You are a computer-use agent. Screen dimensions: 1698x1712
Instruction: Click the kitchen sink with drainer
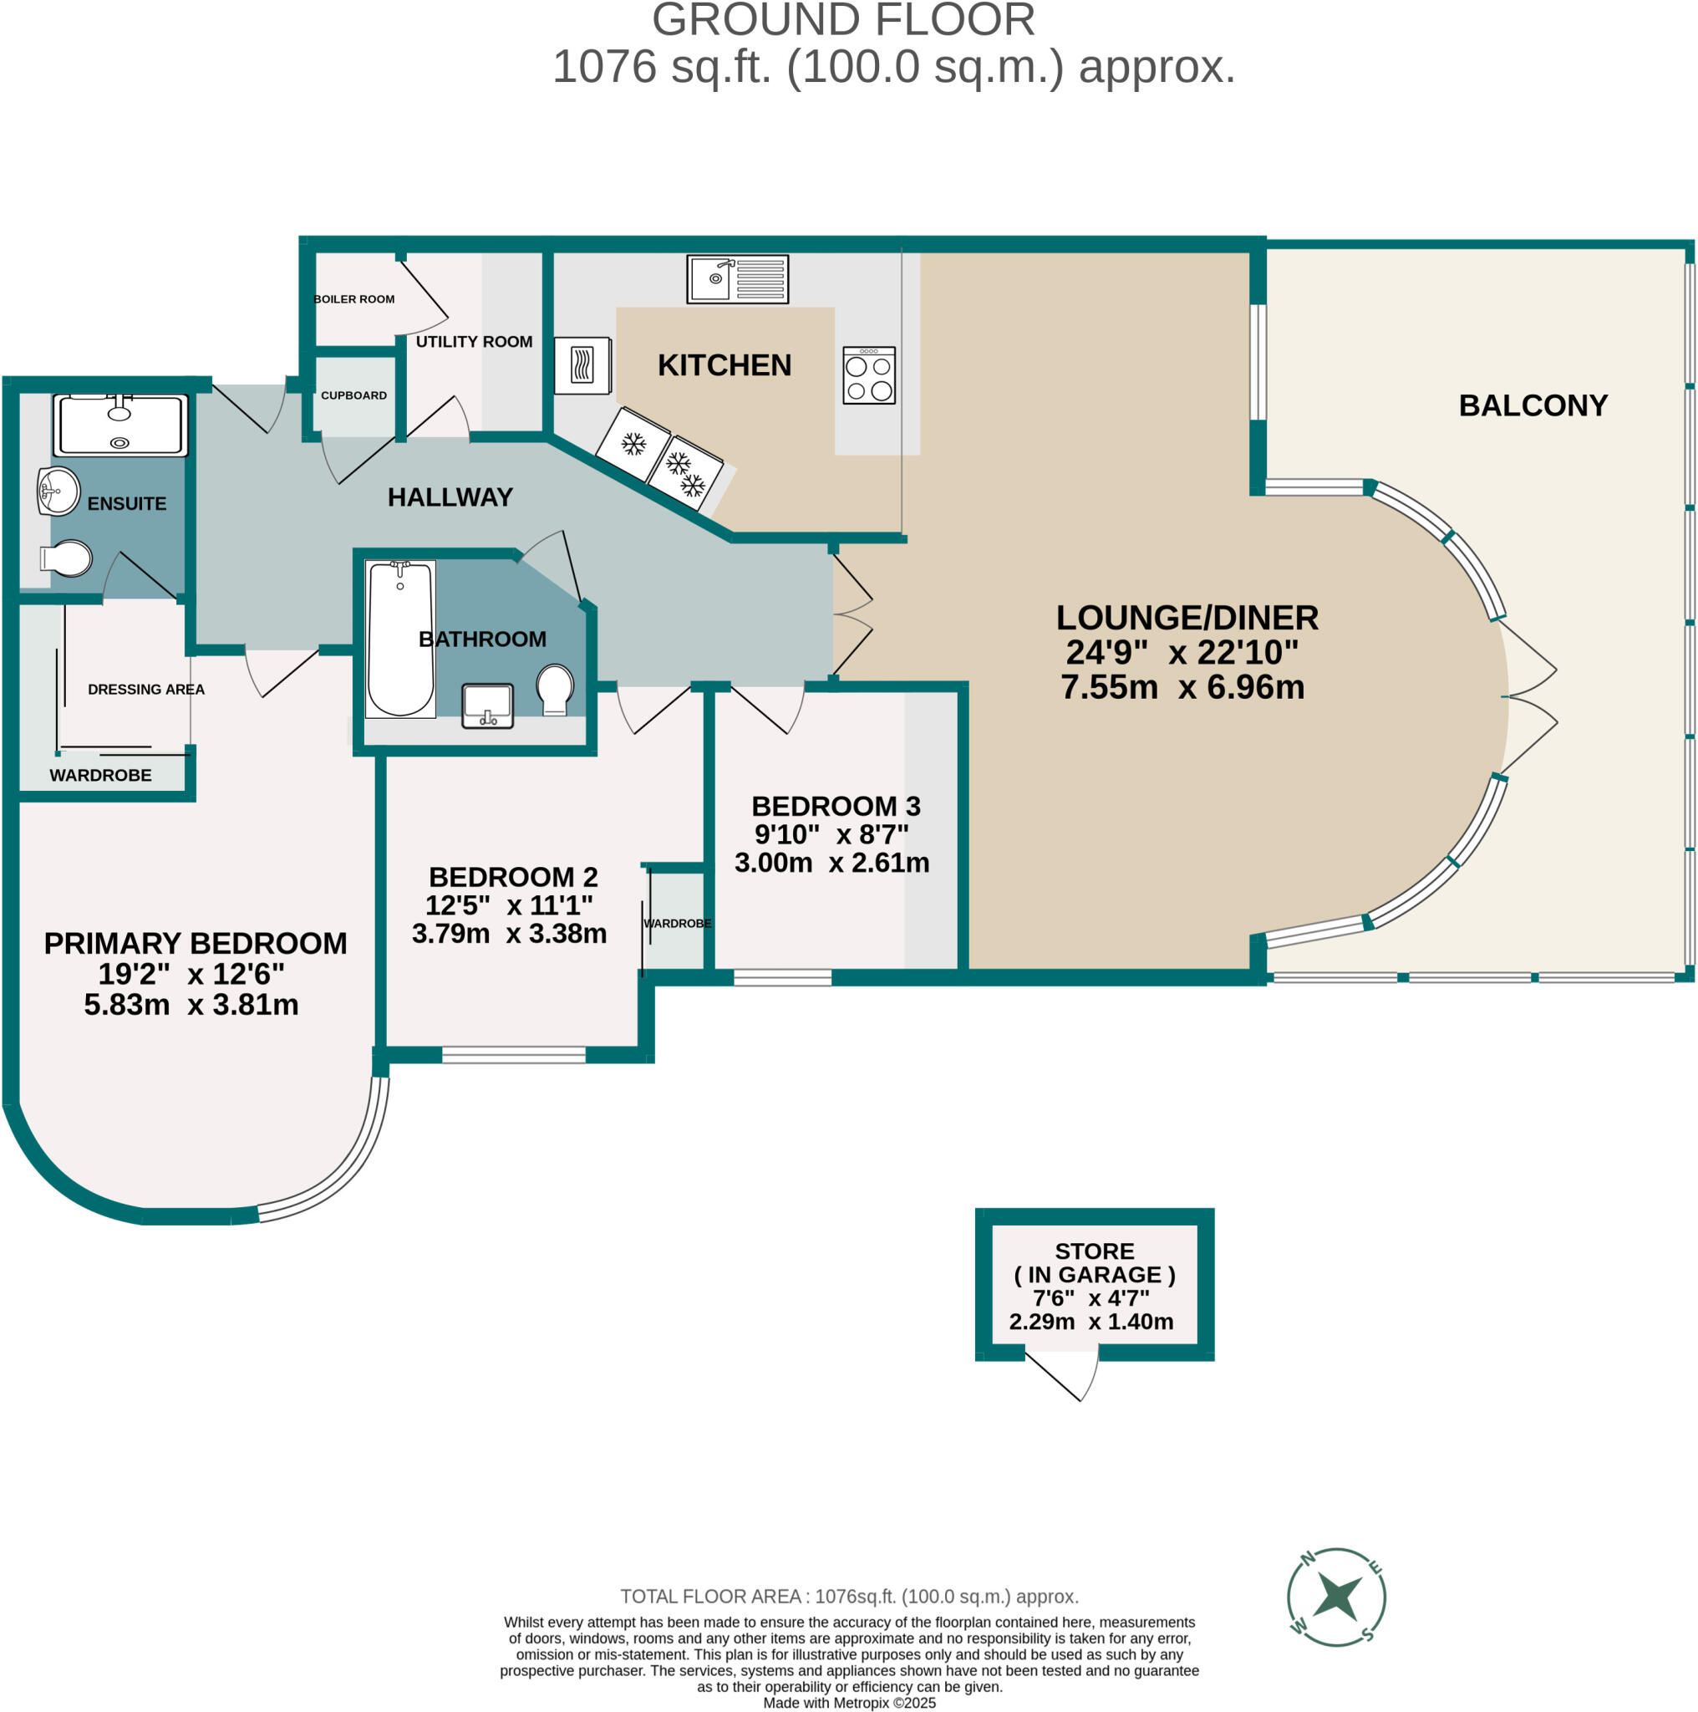737,279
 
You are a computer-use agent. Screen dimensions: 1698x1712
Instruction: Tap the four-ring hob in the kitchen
869,374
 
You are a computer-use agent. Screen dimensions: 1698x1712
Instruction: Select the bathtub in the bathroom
400,638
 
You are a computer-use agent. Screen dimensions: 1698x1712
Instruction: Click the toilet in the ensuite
65,559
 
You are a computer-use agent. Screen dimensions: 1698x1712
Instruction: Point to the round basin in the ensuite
58,491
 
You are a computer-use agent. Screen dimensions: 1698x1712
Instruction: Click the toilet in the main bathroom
556,689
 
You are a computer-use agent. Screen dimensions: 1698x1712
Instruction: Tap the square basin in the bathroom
487,706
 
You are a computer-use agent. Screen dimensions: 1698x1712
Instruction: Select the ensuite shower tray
120,425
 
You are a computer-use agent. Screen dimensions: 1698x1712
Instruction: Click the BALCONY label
1533,405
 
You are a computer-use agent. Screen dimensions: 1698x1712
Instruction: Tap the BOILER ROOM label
354,299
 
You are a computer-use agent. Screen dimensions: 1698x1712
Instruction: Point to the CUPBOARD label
353,395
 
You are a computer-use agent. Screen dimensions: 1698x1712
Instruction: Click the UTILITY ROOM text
474,342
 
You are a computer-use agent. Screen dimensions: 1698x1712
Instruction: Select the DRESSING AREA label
146,690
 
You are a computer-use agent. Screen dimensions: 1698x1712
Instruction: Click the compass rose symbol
1335,1597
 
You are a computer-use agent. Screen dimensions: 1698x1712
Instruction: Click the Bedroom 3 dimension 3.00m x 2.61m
831,862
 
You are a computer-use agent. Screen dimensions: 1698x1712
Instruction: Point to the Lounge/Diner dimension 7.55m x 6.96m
1182,687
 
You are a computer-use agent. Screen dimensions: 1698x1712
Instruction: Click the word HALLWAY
450,497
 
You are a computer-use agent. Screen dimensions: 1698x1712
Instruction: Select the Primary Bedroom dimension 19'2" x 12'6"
191,974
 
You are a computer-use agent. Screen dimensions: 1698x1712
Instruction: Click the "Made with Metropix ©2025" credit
850,1702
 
